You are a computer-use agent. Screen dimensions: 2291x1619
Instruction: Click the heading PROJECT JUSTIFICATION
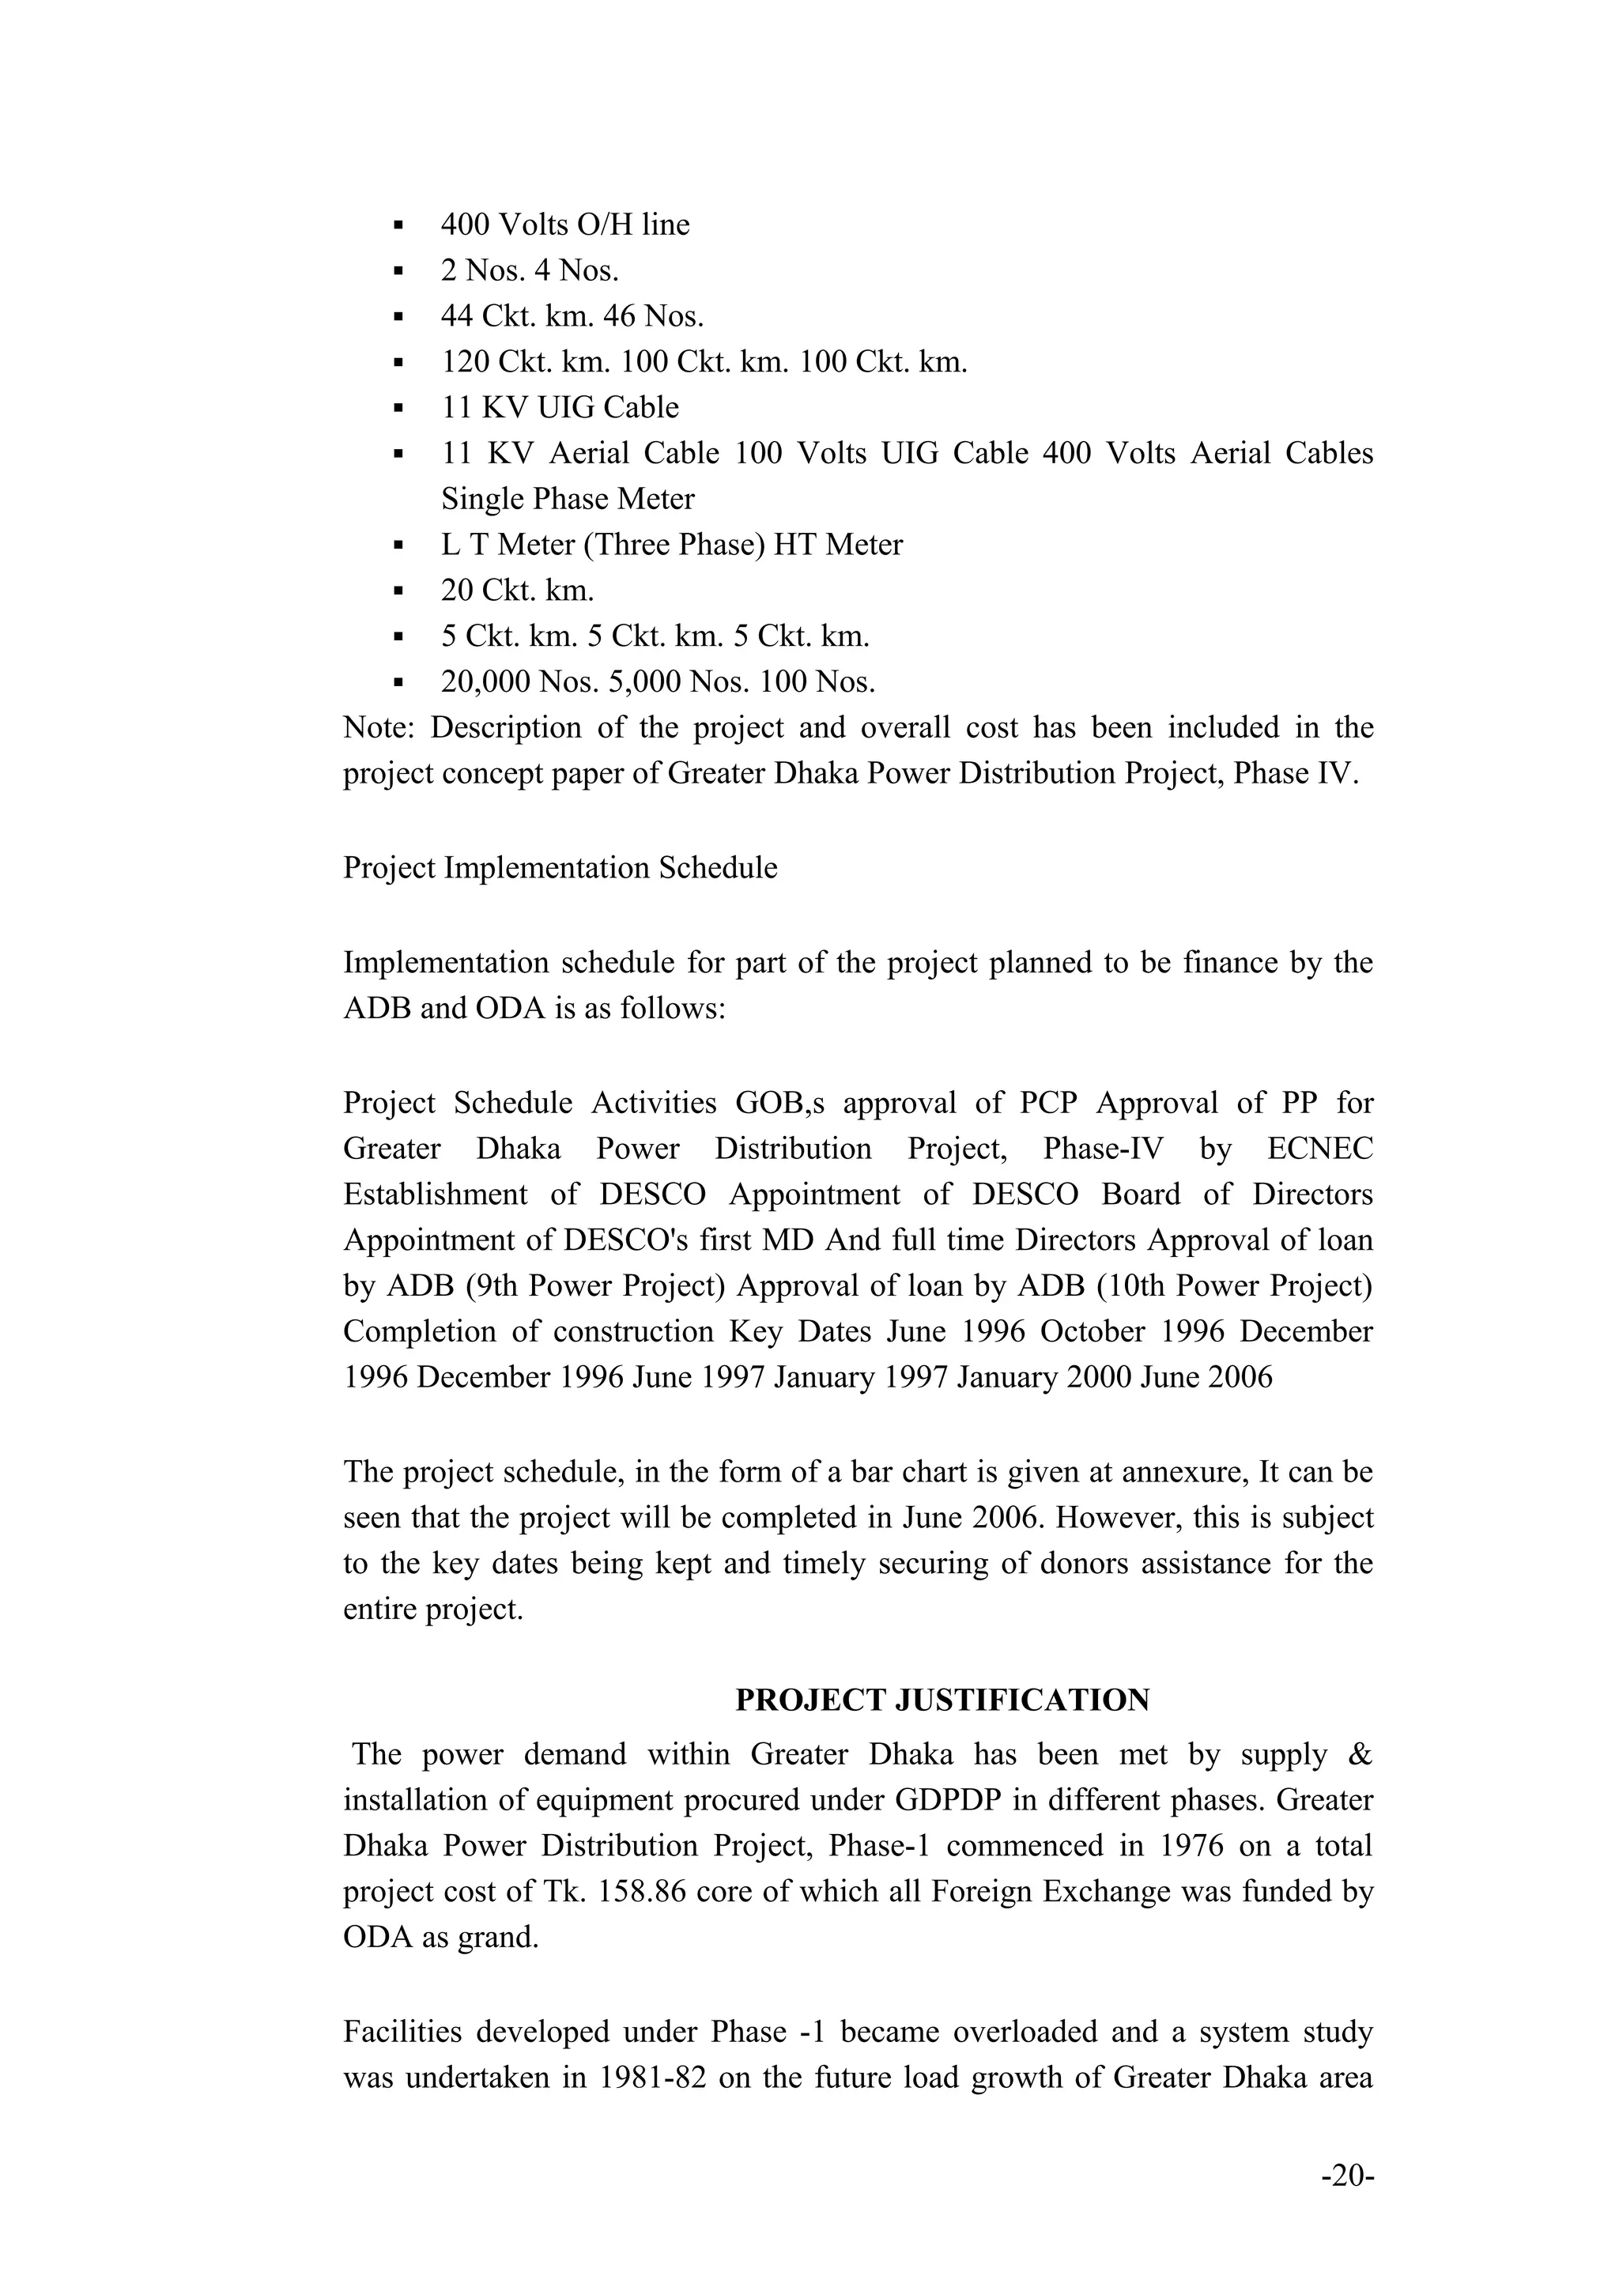[942, 1700]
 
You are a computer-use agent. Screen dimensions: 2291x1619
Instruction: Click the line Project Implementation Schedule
[560, 867]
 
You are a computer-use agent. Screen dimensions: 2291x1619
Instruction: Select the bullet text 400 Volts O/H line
[564, 225]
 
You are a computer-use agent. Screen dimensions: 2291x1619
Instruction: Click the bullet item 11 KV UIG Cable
[560, 407]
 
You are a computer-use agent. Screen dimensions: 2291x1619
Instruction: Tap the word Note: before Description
[378, 727]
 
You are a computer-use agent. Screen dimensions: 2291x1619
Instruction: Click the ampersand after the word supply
[1360, 1754]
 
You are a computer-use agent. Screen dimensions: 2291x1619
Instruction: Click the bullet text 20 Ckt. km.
[517, 591]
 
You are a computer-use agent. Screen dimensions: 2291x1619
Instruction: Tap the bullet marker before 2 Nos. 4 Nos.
[398, 271]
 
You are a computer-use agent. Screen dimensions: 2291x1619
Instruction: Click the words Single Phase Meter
[568, 499]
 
